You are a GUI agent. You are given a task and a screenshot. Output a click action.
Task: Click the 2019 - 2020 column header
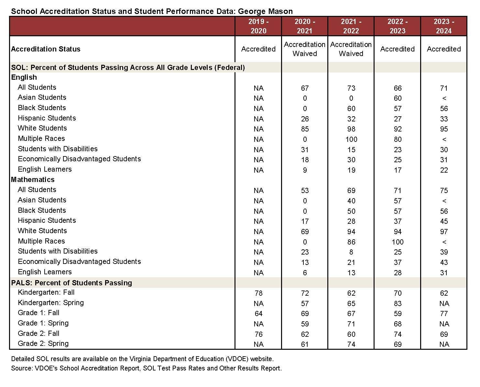(258, 26)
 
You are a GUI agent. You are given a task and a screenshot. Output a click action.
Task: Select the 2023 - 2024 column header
(444, 26)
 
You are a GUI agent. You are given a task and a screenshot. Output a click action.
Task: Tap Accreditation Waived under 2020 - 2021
(305, 49)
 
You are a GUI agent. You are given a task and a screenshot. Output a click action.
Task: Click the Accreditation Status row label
(46, 49)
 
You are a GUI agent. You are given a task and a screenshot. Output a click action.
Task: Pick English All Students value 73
(351, 88)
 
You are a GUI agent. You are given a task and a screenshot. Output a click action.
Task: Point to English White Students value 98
(351, 129)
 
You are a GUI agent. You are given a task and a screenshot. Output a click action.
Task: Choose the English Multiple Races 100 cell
(351, 139)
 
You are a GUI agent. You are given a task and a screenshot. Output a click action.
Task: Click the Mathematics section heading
(33, 179)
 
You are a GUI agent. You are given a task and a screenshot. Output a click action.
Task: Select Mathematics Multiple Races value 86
(351, 242)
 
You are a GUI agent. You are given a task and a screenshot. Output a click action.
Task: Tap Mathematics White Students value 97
(444, 232)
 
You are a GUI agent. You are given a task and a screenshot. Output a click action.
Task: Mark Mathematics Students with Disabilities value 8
(351, 252)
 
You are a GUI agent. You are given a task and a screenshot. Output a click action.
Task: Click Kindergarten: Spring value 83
(398, 303)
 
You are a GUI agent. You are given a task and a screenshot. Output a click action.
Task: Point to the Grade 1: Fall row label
(38, 313)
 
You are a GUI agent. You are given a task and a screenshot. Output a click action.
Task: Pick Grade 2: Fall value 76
(258, 334)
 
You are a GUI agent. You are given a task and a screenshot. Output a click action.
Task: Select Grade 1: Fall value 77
(444, 313)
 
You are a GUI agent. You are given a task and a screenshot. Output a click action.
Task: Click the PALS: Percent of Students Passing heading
(71, 283)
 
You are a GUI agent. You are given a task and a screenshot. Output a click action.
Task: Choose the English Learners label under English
(45, 169)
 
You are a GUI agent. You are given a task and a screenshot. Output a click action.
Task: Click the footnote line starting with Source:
(146, 368)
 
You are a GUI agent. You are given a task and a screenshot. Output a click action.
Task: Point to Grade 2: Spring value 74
(351, 344)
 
